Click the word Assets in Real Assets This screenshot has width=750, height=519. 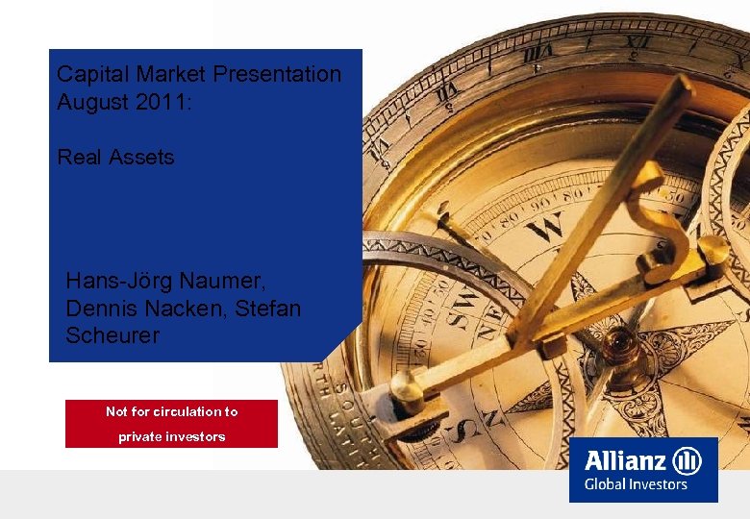[x=142, y=157]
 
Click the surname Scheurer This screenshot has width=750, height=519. [x=112, y=335]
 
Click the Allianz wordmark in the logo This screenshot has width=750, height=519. [x=626, y=459]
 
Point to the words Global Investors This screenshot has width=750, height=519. [x=636, y=484]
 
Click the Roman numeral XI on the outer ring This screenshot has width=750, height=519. [x=637, y=42]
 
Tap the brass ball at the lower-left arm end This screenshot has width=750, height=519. [x=407, y=383]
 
